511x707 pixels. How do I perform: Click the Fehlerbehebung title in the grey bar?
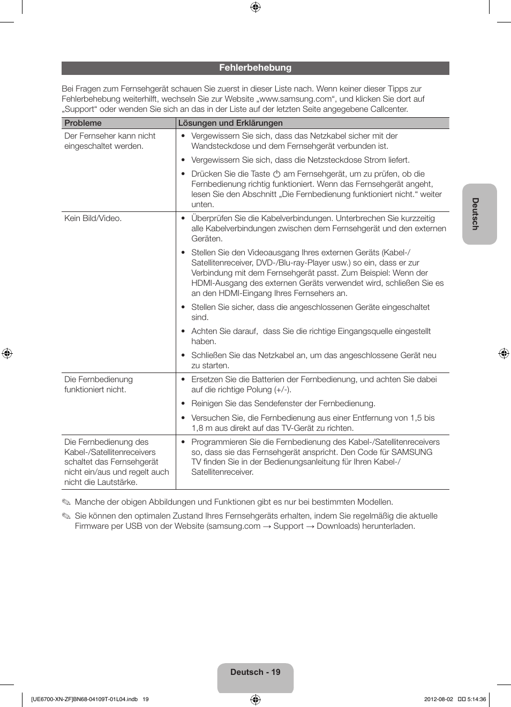255,68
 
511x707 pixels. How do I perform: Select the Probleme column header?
83,123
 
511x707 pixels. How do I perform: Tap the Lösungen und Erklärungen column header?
230,123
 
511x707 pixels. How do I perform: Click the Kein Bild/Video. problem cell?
93,218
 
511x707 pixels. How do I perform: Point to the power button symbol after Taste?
277,174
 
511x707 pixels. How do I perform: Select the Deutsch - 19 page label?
255,672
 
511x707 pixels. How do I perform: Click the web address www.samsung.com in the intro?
296,99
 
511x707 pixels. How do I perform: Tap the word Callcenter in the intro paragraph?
390,109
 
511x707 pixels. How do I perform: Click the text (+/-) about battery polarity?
281,390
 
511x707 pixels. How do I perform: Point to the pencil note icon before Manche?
66,502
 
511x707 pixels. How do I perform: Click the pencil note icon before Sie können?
66,516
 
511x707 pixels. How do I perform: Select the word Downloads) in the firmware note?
338,526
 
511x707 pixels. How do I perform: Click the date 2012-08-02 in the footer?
438,699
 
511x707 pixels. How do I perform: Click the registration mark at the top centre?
255,7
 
